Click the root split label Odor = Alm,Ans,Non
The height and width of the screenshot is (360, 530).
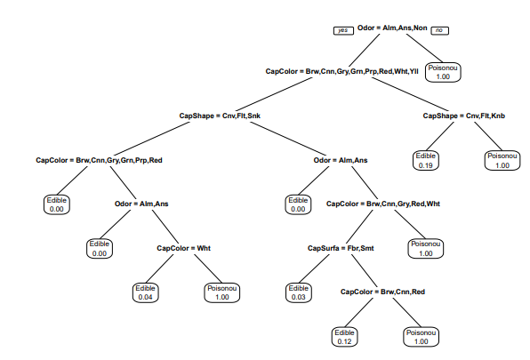coord(392,28)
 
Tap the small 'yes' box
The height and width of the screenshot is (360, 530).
coord(343,30)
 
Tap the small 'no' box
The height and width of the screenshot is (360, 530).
coord(440,30)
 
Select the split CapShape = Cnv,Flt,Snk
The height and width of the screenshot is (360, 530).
coord(220,116)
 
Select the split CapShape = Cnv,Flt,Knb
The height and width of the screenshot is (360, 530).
coord(464,116)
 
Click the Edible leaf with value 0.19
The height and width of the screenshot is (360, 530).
coord(426,160)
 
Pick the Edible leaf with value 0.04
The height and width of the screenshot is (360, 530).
coord(145,292)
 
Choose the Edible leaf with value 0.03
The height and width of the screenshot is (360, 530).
coord(298,292)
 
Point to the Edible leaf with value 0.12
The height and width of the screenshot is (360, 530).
coord(344,337)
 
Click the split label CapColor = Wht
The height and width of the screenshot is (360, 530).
coord(183,248)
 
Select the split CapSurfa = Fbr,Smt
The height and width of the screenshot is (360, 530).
coord(341,248)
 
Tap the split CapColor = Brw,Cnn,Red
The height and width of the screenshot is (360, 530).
coord(382,292)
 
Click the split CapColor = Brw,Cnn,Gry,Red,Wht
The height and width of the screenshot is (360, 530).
coord(383,204)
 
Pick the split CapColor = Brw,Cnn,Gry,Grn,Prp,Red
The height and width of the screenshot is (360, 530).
coord(99,160)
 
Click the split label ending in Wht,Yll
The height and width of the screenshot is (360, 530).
coord(341,72)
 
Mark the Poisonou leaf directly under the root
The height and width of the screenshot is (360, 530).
coord(443,72)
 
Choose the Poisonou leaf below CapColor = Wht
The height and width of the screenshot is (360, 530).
coord(222,292)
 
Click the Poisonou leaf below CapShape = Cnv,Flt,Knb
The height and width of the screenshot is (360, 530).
coord(502,160)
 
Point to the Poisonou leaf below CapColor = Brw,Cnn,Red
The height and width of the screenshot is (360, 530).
coord(422,337)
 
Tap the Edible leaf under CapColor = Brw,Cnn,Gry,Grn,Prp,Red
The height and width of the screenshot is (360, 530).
coord(56,204)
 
